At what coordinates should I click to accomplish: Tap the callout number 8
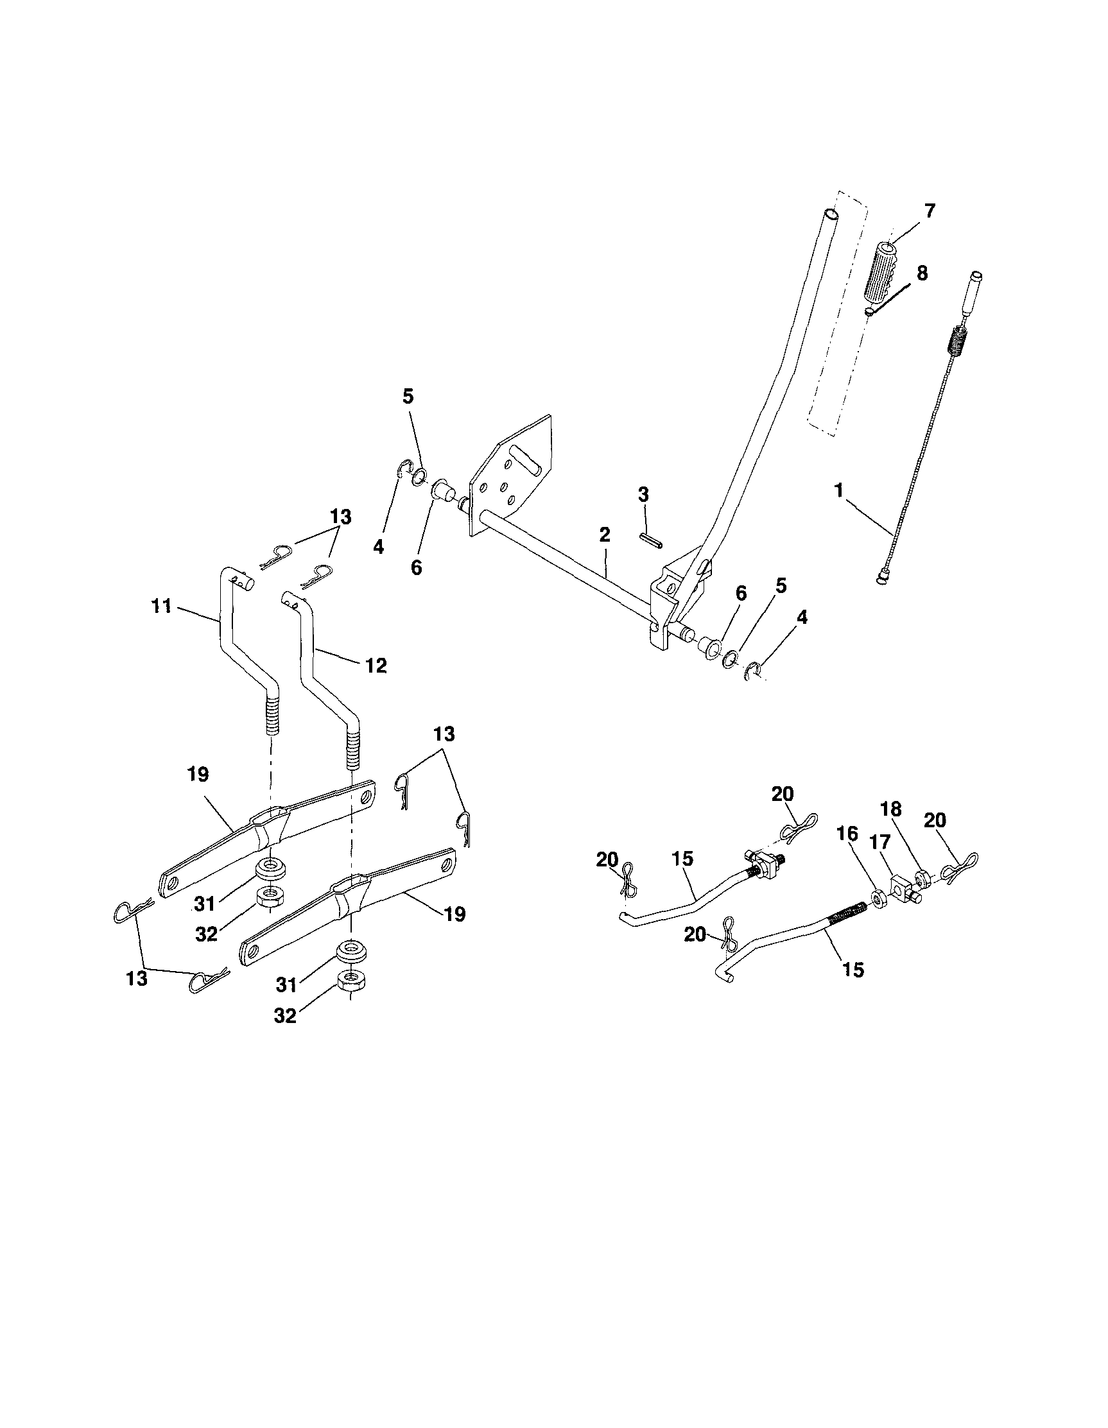(921, 273)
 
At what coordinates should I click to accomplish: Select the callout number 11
(161, 606)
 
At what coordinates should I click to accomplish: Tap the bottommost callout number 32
(285, 1015)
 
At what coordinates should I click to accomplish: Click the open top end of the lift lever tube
(830, 214)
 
